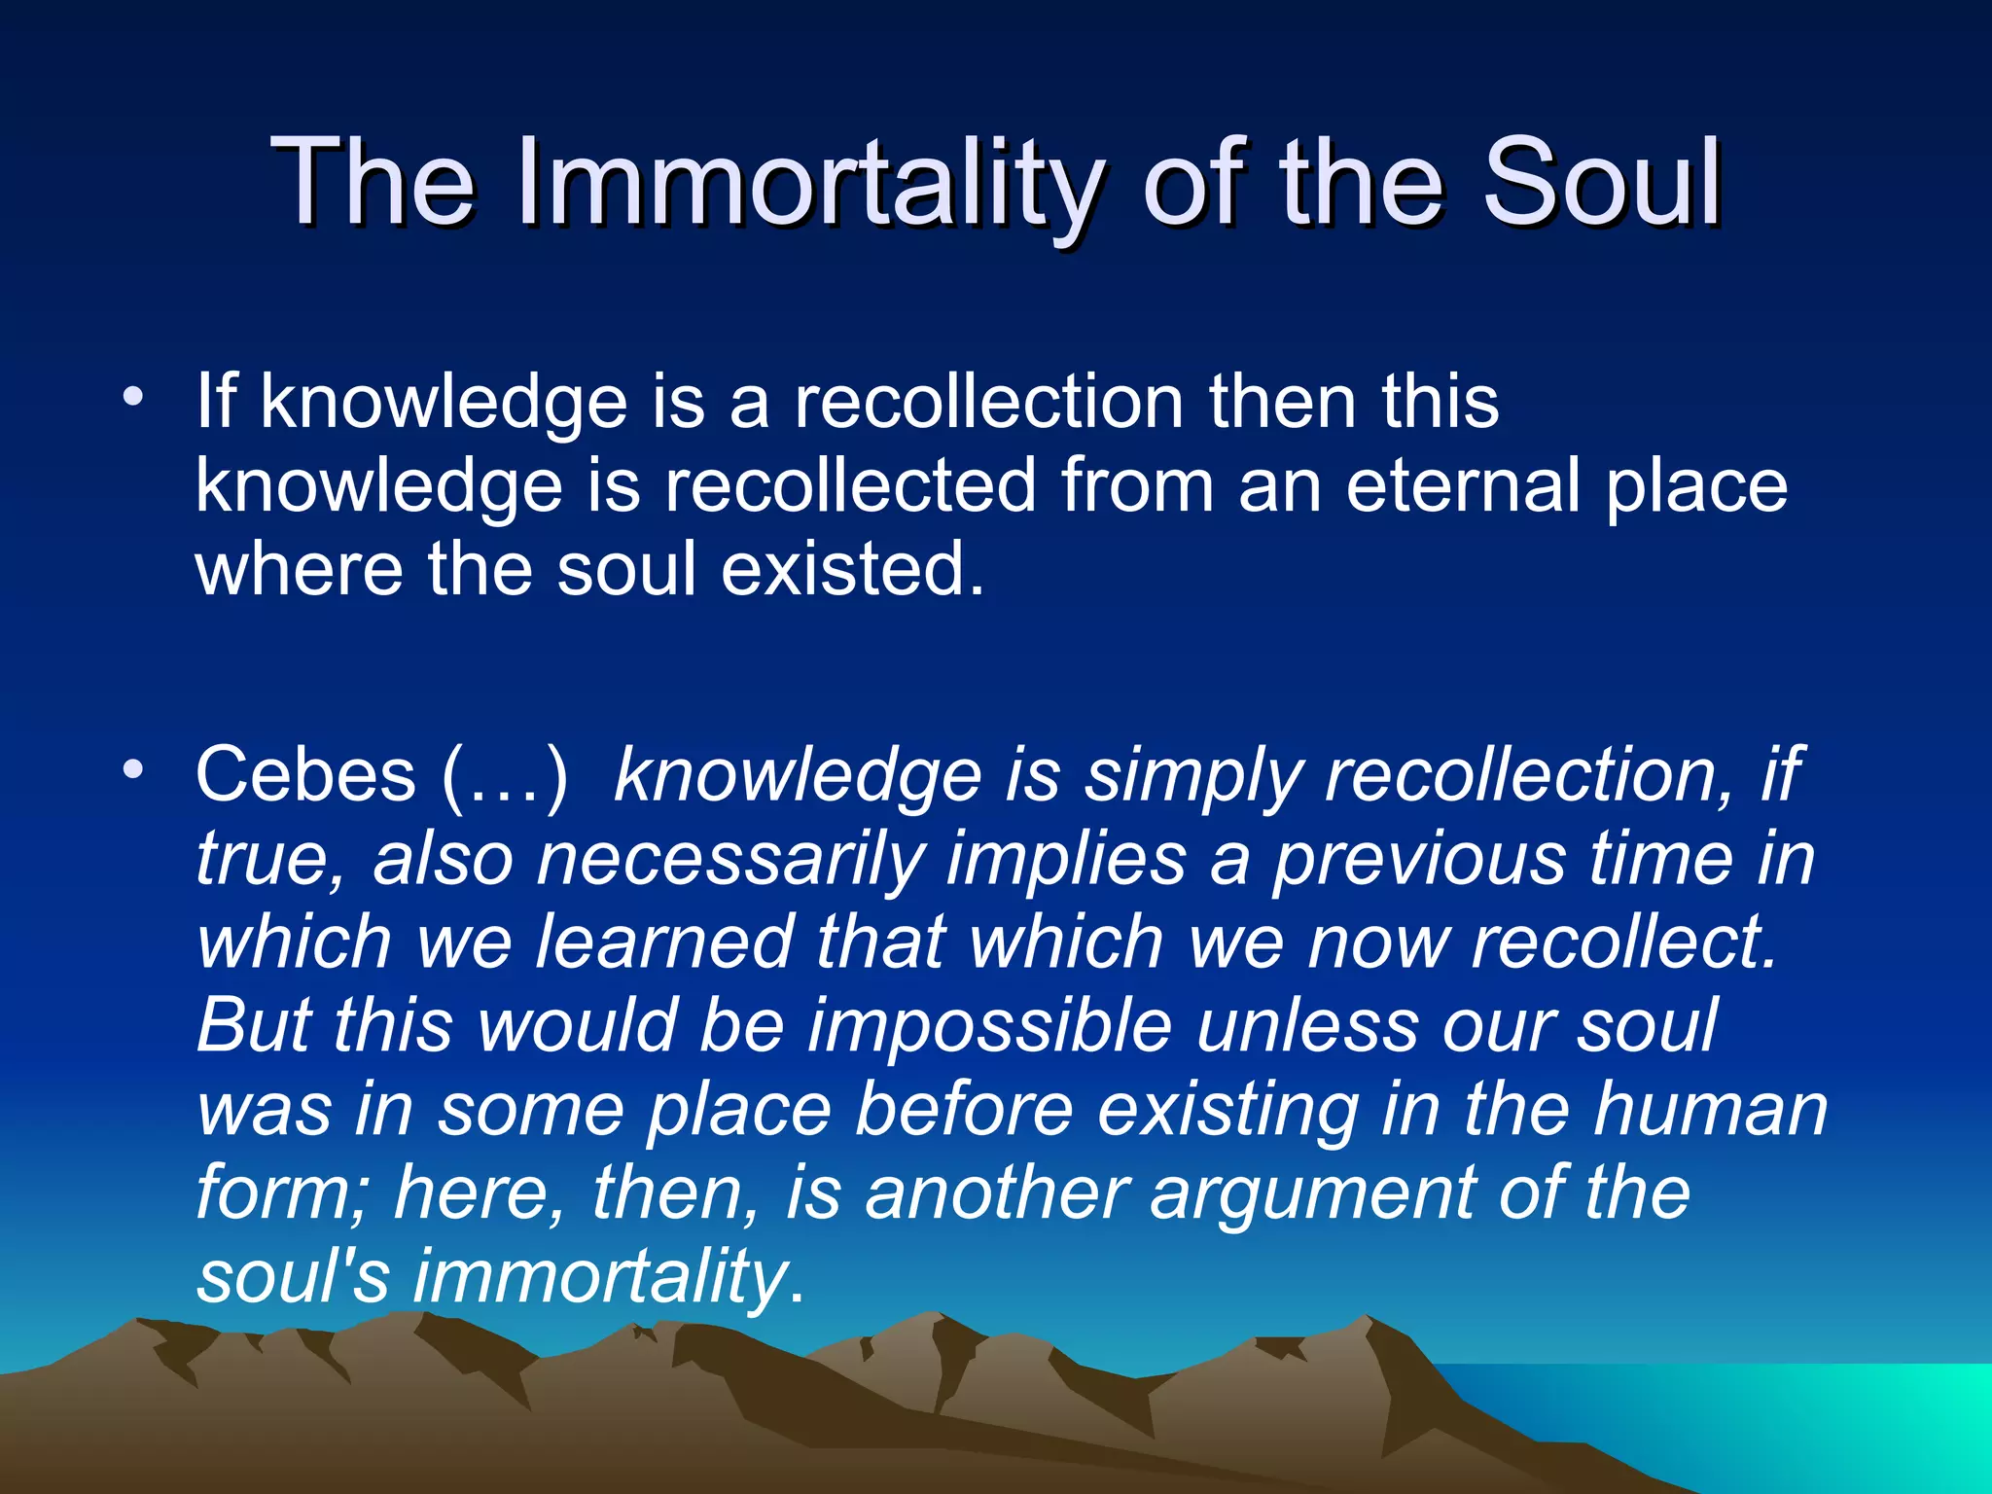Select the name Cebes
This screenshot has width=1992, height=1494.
pos(305,775)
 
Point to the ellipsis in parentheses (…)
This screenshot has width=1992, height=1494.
pos(504,775)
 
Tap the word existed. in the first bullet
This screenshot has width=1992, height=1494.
pos(852,569)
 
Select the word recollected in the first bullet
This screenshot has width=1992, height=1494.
pos(850,485)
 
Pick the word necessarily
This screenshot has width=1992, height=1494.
pos(729,859)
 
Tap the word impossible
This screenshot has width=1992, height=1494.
pos(989,1025)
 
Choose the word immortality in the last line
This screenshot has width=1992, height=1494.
pos(599,1276)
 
